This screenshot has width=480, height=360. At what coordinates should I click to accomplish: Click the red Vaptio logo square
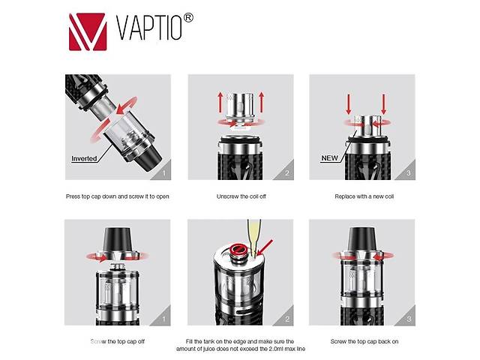(88, 31)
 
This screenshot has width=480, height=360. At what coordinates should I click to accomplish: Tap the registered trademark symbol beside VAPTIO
(188, 18)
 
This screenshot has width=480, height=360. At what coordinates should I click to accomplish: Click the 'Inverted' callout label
(84, 158)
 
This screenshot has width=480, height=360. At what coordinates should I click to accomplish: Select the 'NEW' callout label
(329, 158)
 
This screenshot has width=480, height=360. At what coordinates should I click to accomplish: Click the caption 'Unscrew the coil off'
(241, 196)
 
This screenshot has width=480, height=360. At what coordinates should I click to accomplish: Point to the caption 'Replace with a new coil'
(364, 196)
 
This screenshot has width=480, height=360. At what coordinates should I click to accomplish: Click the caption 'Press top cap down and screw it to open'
(118, 196)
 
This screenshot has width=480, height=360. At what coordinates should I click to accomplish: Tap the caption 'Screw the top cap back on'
(364, 341)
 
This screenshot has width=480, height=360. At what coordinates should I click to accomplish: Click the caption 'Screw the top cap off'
(118, 341)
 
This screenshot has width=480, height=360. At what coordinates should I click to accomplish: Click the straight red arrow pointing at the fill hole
(265, 247)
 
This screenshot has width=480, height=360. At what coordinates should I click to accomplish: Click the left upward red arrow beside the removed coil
(220, 102)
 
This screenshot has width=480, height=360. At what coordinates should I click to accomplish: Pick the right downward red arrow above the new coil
(383, 104)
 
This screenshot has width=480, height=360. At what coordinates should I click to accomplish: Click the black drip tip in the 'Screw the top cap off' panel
(118, 240)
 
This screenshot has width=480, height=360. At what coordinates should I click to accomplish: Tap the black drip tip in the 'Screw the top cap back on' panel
(362, 240)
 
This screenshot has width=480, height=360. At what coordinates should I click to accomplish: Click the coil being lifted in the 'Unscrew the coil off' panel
(241, 109)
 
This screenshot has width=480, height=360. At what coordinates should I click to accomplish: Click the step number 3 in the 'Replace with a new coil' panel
(408, 173)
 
